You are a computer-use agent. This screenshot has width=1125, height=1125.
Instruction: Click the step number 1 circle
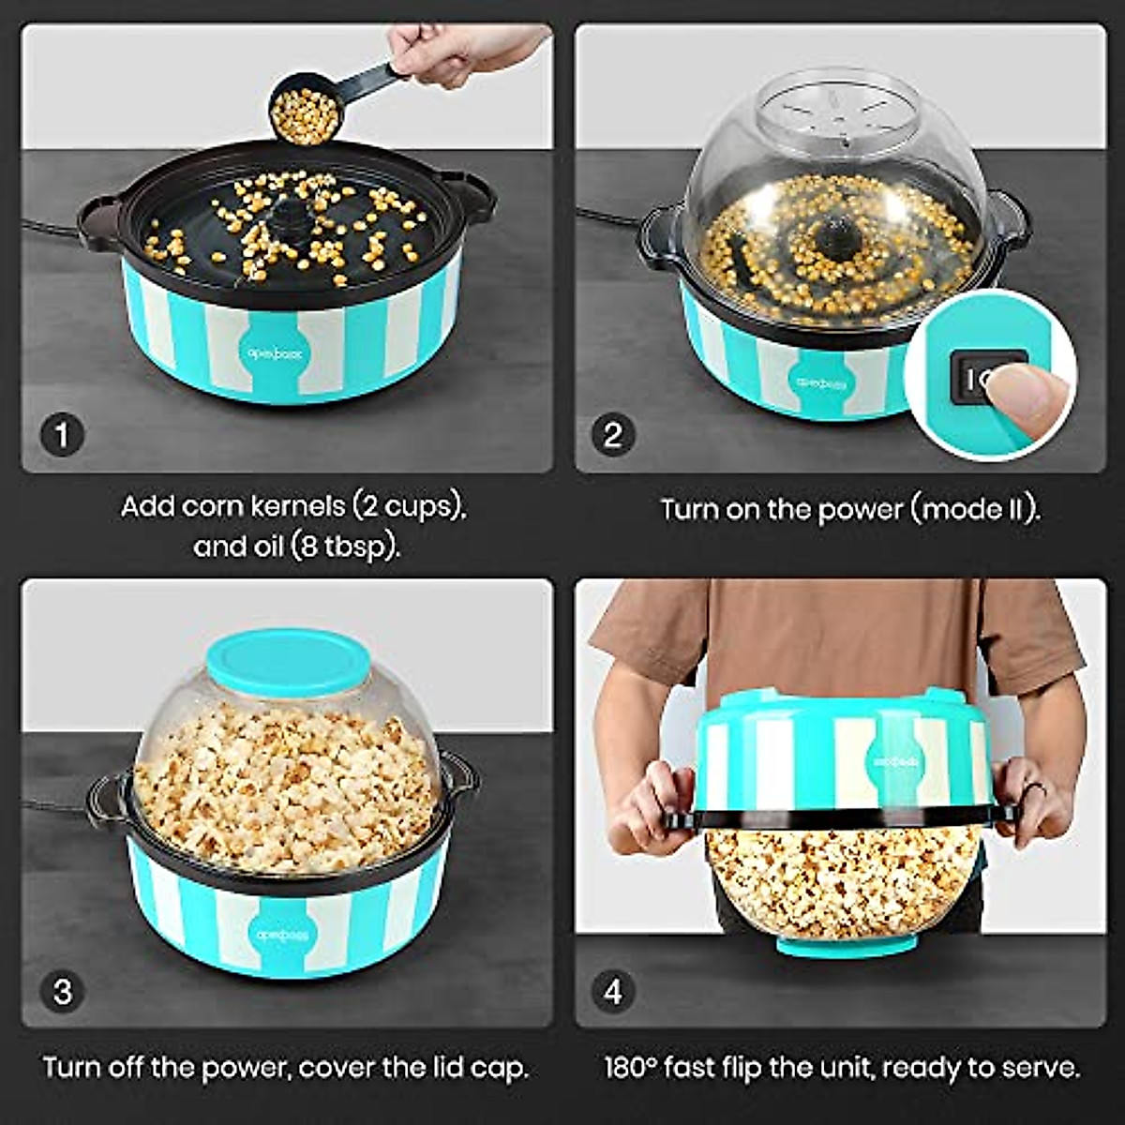(x=62, y=435)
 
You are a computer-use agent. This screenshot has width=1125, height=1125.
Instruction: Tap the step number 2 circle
(x=613, y=435)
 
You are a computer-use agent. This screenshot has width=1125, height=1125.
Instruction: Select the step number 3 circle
(x=62, y=991)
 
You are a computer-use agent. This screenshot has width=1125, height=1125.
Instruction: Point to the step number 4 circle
(x=613, y=991)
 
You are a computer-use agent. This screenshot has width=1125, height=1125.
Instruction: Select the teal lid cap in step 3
(x=284, y=662)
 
